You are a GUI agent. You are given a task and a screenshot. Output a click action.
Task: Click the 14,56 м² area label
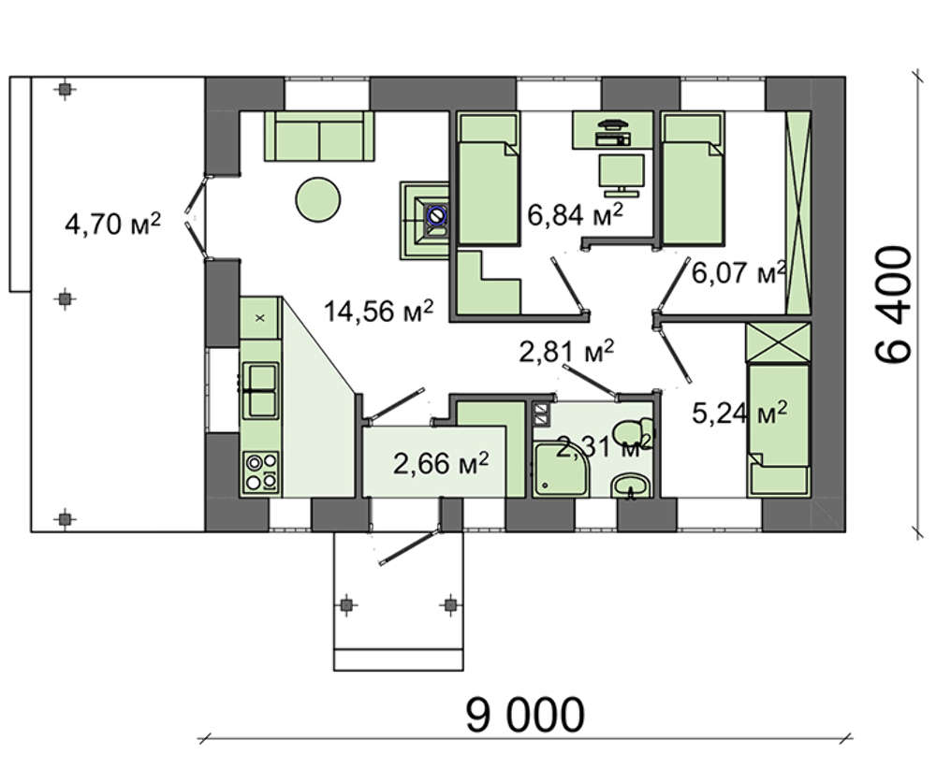[x=378, y=311]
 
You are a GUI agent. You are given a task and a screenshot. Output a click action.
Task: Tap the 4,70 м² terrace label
[x=113, y=225]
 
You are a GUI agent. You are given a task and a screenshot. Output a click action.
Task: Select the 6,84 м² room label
[x=576, y=213]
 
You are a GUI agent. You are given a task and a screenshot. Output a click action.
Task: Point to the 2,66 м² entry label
[x=441, y=462]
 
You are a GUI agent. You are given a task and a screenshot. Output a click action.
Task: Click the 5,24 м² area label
[x=739, y=412]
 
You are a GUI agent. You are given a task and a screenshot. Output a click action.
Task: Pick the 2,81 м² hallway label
[x=566, y=352]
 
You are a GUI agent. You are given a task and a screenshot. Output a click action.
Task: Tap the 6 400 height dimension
[x=894, y=304]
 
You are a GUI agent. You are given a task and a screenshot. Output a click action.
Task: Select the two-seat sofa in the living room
[x=319, y=136]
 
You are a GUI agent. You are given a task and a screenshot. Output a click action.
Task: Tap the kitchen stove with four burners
[x=262, y=472]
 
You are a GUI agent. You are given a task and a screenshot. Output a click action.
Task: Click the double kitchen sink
[x=260, y=390]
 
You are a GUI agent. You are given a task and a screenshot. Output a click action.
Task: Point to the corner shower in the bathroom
[x=561, y=469]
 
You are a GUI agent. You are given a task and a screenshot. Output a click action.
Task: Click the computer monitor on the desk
[x=612, y=124]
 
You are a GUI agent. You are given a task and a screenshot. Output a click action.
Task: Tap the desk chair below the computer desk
[x=622, y=171]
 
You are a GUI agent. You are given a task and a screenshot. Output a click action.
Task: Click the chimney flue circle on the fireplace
[x=436, y=214]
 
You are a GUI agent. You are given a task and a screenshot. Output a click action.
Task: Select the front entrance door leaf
[x=410, y=545]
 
